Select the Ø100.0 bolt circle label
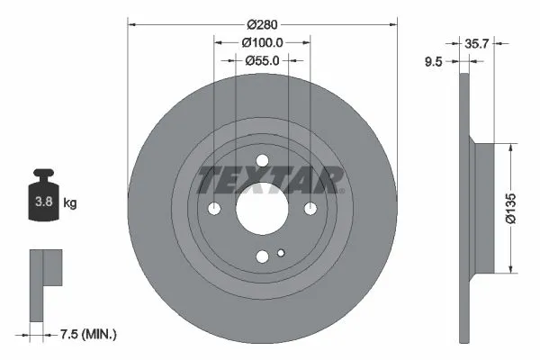[263, 42]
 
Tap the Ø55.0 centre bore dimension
[263, 60]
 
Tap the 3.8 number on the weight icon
[42, 203]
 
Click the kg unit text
[70, 203]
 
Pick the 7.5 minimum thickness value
[66, 335]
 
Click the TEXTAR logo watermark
[270, 180]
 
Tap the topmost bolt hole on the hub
[262, 162]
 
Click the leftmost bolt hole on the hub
[214, 209]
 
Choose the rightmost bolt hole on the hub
[310, 209]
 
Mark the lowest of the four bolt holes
[262, 256]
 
